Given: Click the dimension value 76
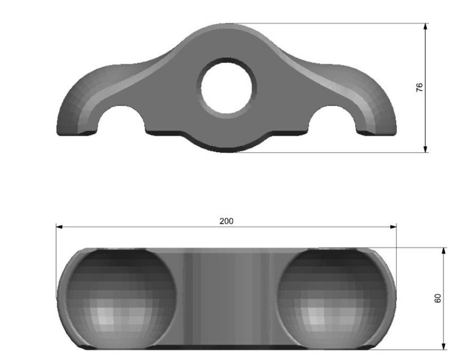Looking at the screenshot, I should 420,87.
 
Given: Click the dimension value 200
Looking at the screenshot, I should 226,221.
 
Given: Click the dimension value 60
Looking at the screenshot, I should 438,298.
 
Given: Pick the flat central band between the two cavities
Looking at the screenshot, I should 227,298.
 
